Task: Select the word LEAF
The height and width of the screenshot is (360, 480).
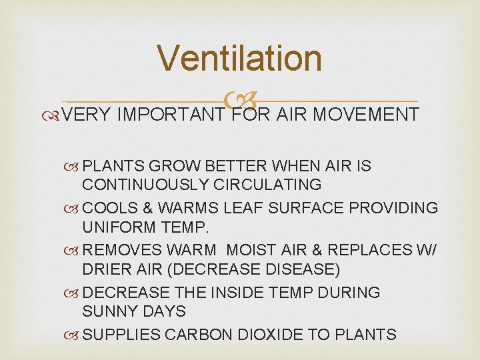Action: point(234,207)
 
